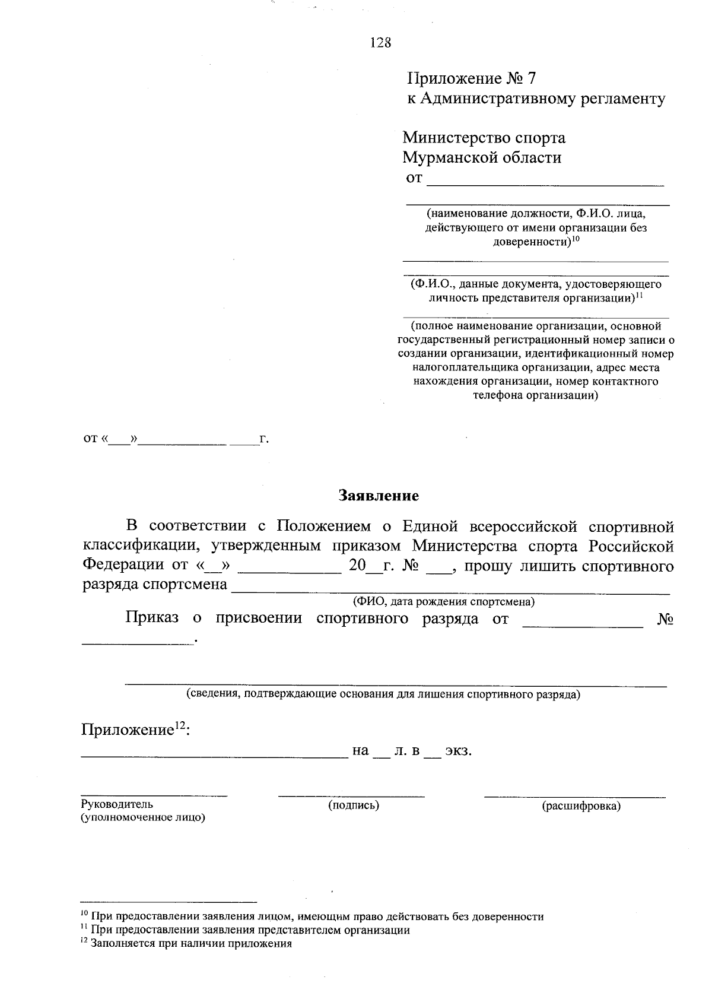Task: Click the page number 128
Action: point(380,42)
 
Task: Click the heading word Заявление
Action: point(379,495)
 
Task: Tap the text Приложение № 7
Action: point(472,78)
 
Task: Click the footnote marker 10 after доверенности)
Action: point(576,239)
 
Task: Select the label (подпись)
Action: point(354,805)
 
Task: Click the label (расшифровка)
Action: point(581,806)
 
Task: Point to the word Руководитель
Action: point(117,804)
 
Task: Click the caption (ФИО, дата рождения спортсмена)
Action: point(444,601)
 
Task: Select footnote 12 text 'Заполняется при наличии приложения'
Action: point(191,944)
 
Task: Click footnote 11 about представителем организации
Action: point(249,930)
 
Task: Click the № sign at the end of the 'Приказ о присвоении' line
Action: point(666,619)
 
